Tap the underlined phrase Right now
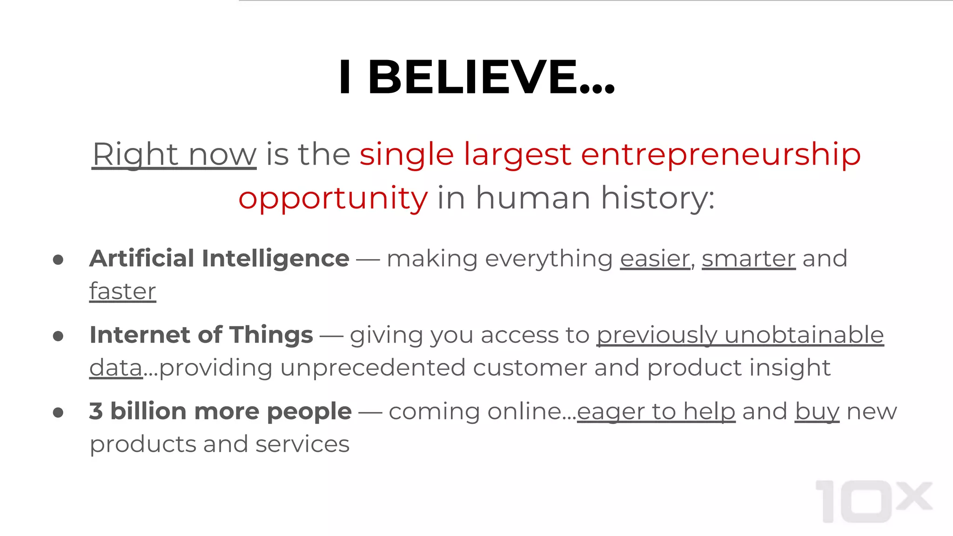(x=174, y=154)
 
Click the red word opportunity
(x=333, y=198)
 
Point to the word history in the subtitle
(x=657, y=198)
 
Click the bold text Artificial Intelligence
(x=219, y=259)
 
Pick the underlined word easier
(x=655, y=259)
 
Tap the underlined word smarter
(x=748, y=259)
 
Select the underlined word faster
(x=122, y=292)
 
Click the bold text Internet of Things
(x=201, y=335)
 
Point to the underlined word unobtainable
(x=804, y=335)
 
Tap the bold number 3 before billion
(x=96, y=411)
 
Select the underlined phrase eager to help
(x=656, y=412)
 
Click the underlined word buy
(x=817, y=412)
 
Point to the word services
(x=302, y=444)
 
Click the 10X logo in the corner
(x=874, y=501)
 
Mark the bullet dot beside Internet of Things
(x=58, y=336)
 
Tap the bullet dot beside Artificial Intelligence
(x=58, y=260)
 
